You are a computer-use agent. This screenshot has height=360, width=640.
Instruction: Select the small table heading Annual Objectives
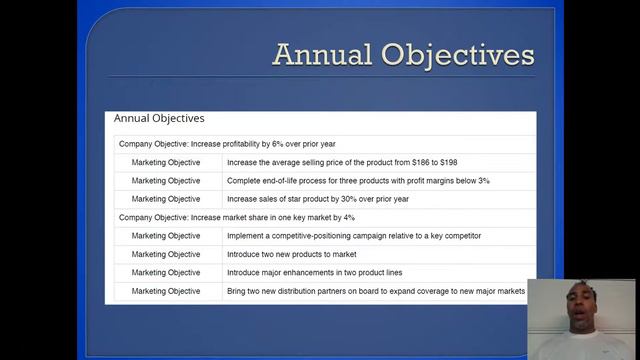coord(159,118)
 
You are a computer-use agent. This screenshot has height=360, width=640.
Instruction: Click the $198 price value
coord(447,162)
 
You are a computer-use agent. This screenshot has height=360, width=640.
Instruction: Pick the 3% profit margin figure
coord(483,181)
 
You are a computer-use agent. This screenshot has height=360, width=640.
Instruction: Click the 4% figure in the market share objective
coord(348,217)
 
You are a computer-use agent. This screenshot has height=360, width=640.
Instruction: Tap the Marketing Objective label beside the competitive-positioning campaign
coord(166,236)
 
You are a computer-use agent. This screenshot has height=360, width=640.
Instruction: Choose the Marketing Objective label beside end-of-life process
coord(166,181)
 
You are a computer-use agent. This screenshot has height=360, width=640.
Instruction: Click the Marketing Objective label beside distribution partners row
coord(166,291)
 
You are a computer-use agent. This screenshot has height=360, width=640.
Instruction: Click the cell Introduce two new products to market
coord(292,254)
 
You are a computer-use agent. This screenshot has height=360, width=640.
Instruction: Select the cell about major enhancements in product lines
coord(315,272)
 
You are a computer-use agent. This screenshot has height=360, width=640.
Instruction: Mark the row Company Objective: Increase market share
coord(237,217)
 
